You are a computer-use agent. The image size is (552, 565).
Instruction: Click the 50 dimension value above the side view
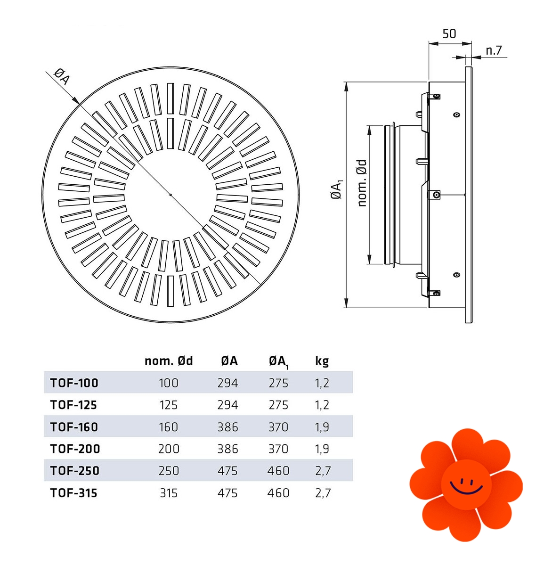click(x=449, y=33)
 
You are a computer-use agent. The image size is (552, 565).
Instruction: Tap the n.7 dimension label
click(x=494, y=50)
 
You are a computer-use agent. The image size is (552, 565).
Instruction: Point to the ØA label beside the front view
click(x=62, y=76)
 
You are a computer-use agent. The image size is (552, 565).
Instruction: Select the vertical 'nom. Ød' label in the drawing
click(x=362, y=183)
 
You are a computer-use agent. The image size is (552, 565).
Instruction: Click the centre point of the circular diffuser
click(x=170, y=195)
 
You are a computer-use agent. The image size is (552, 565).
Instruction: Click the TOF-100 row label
click(x=74, y=383)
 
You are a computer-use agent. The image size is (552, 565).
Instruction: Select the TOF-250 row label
click(x=74, y=471)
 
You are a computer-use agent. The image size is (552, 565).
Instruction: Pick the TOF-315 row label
click(x=74, y=492)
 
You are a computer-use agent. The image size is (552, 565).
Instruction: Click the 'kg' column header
click(x=322, y=361)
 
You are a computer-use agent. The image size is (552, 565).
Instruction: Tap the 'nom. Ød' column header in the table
click(x=169, y=360)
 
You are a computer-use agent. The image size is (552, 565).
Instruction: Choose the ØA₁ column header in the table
click(x=279, y=362)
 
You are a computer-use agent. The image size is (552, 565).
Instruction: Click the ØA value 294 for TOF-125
click(x=227, y=405)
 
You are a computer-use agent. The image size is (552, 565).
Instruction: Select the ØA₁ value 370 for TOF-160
click(x=278, y=426)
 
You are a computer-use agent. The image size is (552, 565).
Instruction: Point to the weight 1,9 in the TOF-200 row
click(x=322, y=449)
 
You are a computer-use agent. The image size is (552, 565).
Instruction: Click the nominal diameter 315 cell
click(x=169, y=492)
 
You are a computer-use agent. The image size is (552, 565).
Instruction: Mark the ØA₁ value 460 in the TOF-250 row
click(x=278, y=471)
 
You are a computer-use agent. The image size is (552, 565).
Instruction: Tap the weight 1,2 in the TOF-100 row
click(x=322, y=383)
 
